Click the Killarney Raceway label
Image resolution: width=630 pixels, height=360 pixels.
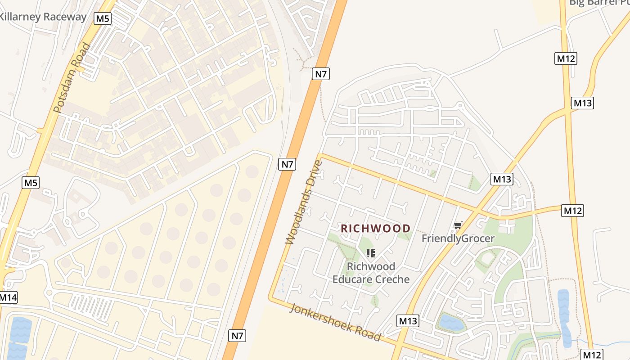pos(43,17)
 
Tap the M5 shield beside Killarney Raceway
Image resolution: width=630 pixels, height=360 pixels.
pos(103,18)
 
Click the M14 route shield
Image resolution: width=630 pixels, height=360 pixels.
pos(8,297)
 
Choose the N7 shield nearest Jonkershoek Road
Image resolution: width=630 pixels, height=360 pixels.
pos(238,335)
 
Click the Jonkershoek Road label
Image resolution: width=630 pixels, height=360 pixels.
pos(336,322)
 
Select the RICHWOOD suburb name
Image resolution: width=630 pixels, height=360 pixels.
pos(375,229)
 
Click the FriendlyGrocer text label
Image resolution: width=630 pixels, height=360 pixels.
pos(458,238)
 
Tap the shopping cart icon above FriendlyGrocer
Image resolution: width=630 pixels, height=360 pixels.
pos(458,225)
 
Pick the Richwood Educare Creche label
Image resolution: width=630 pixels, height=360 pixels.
pos(371,273)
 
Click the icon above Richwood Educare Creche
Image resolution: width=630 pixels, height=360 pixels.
pos(371,253)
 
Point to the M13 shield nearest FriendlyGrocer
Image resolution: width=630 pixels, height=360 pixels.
pos(502,179)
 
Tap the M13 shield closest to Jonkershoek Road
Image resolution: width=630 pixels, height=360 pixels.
pos(408,321)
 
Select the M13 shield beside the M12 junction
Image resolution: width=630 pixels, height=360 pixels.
pos(582,103)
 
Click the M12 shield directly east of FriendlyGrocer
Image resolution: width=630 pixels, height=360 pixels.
pos(572,210)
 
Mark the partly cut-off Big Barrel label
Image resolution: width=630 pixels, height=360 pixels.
pos(598,3)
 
